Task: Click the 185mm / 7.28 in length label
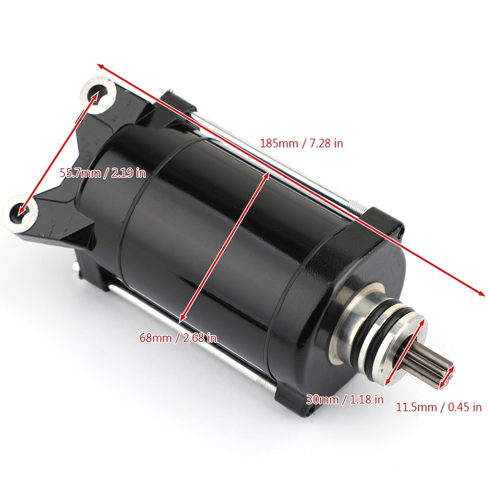coord(301,143)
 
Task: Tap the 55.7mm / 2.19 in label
coord(102,173)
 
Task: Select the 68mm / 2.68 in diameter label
coord(178,338)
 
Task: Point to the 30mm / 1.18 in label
coord(345,399)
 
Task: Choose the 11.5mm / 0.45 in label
coord(439,407)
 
